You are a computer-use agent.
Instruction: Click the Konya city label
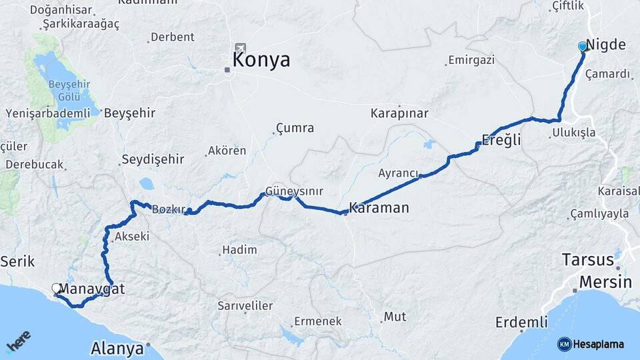click(x=261, y=60)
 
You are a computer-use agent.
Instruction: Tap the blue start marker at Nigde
click(x=583, y=46)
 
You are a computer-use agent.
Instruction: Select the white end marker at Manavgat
click(x=56, y=288)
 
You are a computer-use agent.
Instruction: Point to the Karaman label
click(x=379, y=208)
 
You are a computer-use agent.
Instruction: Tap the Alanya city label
click(x=117, y=348)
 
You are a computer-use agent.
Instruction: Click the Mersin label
click(x=605, y=281)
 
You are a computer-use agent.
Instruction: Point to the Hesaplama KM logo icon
click(x=564, y=344)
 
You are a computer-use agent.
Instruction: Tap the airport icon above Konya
click(x=240, y=49)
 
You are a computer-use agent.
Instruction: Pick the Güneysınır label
click(x=294, y=191)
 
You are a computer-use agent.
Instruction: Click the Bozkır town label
click(x=168, y=209)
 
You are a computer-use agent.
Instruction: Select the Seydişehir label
click(x=152, y=160)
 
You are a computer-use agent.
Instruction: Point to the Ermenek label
click(x=317, y=321)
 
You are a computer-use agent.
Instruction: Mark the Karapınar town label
click(x=399, y=113)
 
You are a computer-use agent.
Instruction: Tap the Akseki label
click(x=132, y=237)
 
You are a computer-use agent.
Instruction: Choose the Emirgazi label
click(x=471, y=60)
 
